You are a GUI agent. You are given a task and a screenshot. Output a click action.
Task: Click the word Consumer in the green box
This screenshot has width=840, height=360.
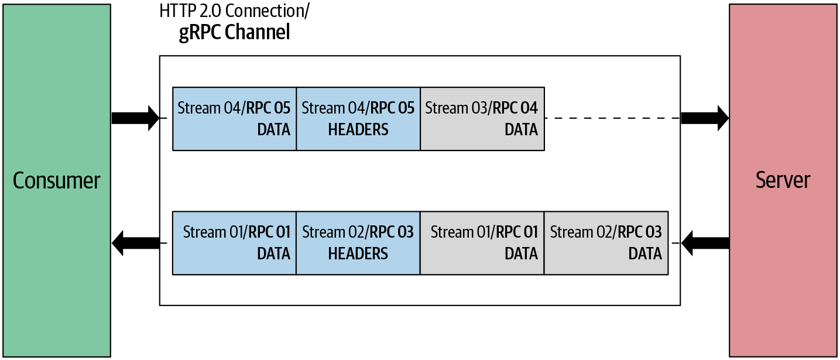56,180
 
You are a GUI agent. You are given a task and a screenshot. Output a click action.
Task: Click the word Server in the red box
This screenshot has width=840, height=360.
783,180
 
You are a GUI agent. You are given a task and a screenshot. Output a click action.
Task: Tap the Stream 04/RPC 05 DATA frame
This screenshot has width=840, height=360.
234,119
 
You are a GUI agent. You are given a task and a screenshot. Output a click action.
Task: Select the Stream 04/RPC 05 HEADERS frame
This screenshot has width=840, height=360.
358,119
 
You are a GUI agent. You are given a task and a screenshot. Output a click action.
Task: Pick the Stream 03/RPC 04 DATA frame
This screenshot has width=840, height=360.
482,119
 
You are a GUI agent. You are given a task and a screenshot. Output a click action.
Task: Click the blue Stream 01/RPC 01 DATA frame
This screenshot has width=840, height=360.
234,243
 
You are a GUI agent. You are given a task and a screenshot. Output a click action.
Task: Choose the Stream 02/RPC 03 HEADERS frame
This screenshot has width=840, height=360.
358,243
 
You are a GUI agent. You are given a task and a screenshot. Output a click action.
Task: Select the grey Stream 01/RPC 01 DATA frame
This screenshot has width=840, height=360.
482,243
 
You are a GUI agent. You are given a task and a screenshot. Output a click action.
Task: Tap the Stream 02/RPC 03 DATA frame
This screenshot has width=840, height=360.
606,243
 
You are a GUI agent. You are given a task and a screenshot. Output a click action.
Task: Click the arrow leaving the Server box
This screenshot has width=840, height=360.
705,242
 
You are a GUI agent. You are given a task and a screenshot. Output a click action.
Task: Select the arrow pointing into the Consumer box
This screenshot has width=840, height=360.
135,242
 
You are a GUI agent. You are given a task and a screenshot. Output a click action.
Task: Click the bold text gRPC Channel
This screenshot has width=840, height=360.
234,32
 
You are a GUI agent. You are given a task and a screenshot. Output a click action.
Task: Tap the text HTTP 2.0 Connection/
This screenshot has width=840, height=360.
235,12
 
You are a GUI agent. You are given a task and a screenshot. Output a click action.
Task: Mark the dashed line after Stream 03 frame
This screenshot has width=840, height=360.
612,118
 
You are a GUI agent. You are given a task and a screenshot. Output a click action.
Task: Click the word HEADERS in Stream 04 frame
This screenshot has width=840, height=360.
358,129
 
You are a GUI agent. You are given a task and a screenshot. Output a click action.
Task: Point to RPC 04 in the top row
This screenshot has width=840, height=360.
515,108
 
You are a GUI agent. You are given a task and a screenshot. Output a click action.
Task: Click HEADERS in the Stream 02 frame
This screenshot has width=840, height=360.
358,253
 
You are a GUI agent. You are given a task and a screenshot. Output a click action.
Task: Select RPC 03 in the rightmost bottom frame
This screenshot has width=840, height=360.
640,232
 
